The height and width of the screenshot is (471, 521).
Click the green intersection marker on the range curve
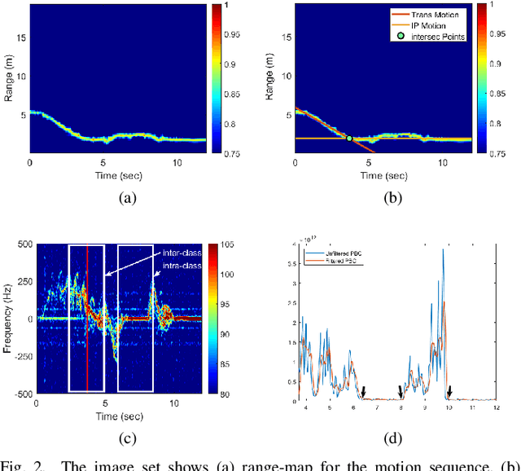click(349, 139)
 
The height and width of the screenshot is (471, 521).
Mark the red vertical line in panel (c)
click(87, 318)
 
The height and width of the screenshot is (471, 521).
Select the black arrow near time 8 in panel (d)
click(400, 392)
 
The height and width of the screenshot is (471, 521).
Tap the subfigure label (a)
click(127, 197)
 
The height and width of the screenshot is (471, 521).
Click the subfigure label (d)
click(393, 438)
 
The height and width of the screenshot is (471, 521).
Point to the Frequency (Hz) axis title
click(8, 319)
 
